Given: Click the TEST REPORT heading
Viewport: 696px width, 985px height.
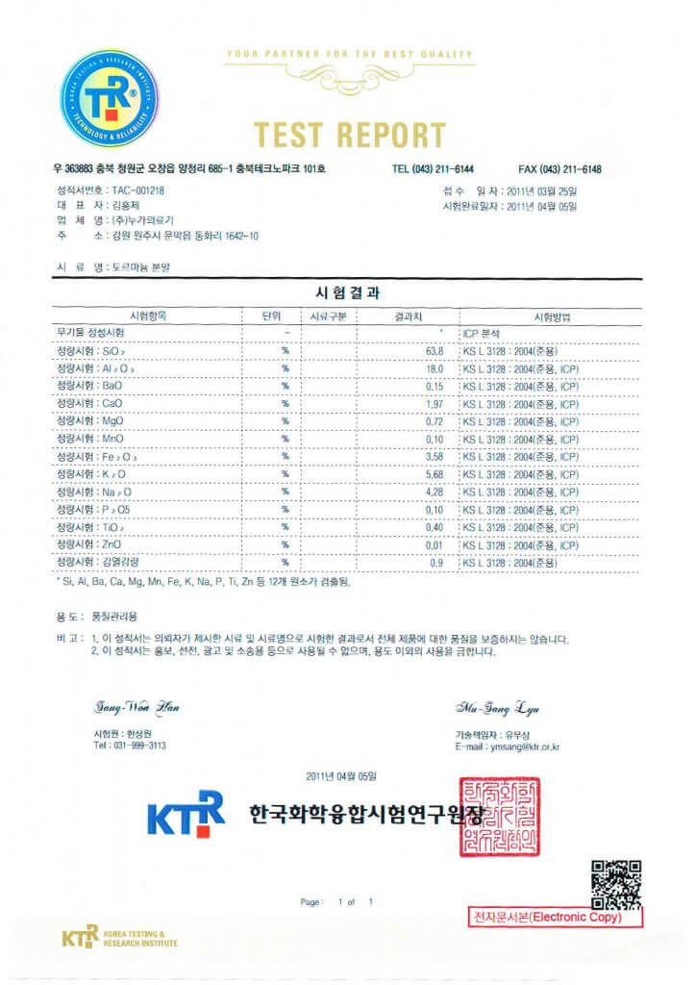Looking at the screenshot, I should click(350, 135).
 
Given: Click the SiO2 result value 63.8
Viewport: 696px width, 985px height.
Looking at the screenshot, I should click(434, 351).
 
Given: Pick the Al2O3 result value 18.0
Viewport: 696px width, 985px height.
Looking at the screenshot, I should click(434, 368).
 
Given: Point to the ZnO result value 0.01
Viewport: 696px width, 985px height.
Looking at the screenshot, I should click(434, 543).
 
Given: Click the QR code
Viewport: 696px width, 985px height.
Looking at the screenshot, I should click(615, 883).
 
